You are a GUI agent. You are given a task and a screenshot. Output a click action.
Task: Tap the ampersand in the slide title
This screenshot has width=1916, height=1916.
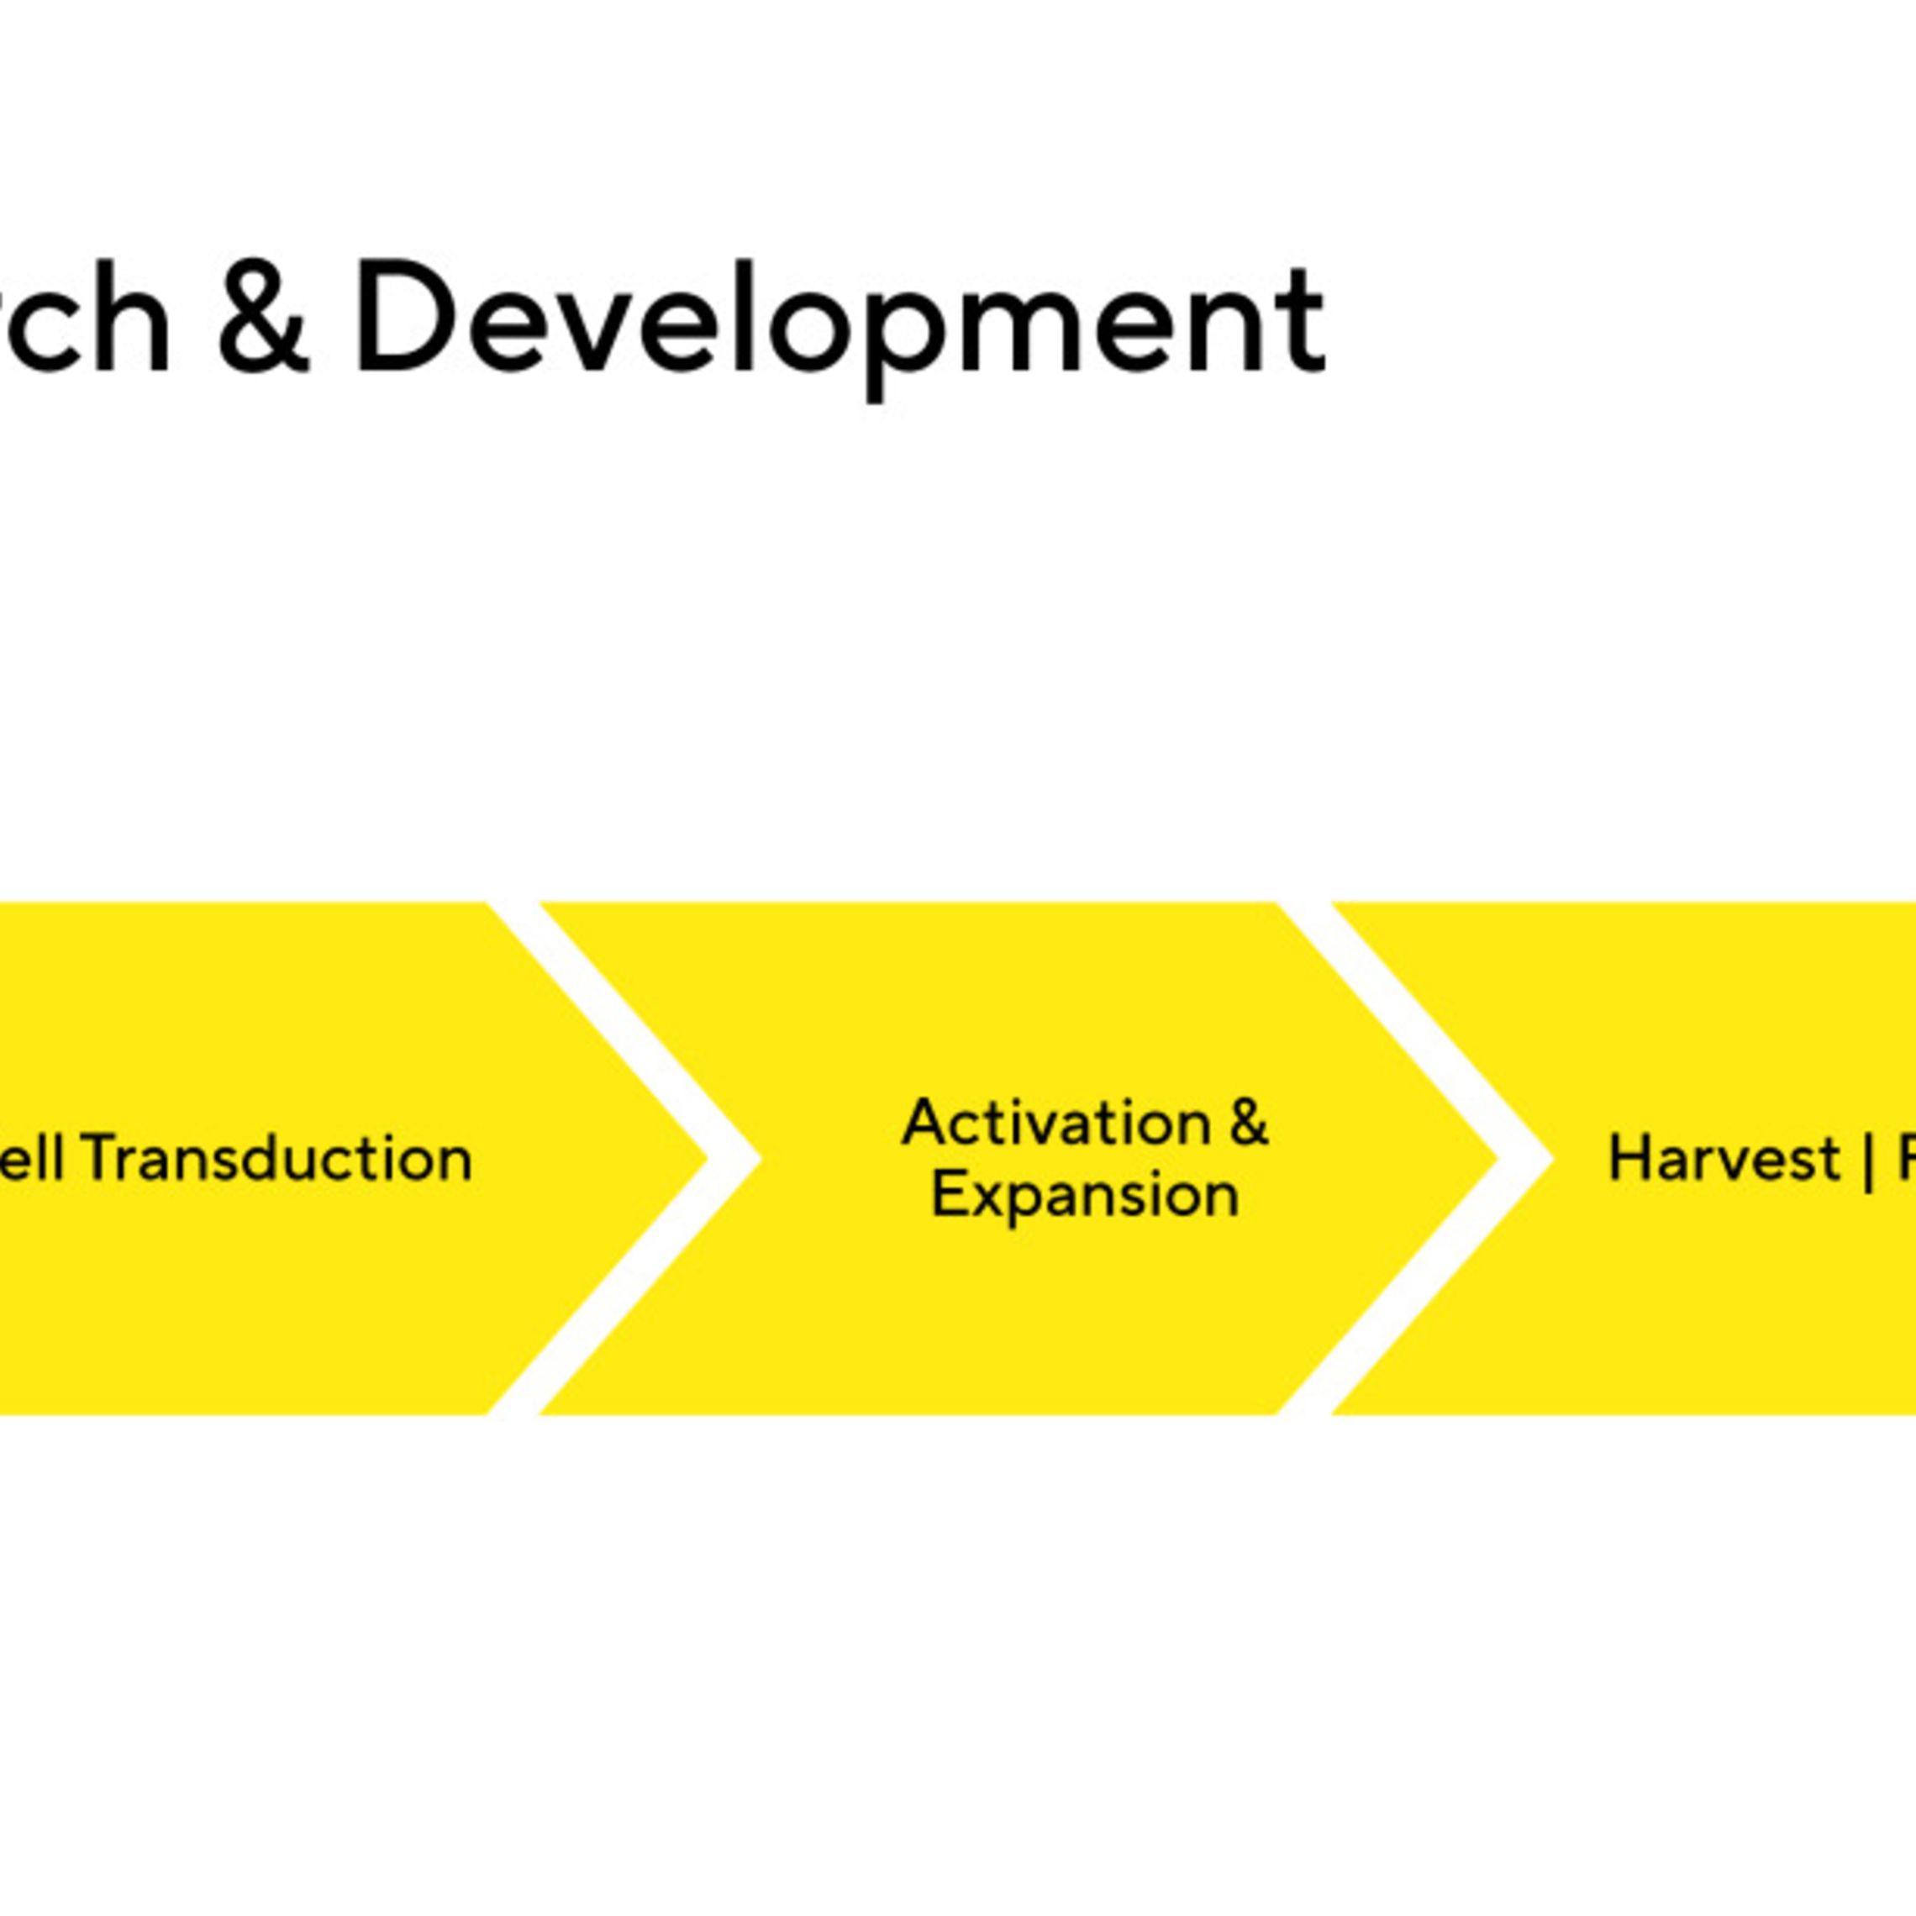(x=263, y=318)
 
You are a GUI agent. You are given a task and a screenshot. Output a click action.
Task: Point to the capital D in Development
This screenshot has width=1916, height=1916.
(x=401, y=318)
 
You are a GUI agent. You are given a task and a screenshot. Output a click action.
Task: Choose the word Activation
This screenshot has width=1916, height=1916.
(x=1056, y=1123)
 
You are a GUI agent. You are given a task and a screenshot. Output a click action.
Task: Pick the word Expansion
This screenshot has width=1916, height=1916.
(x=1085, y=1196)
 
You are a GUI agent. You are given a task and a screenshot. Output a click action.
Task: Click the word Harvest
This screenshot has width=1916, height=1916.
(x=1724, y=1157)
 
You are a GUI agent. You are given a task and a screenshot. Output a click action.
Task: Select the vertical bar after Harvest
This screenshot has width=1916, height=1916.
(x=1868, y=1160)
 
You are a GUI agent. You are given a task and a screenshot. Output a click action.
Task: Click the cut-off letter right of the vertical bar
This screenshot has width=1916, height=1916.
(x=1905, y=1157)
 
